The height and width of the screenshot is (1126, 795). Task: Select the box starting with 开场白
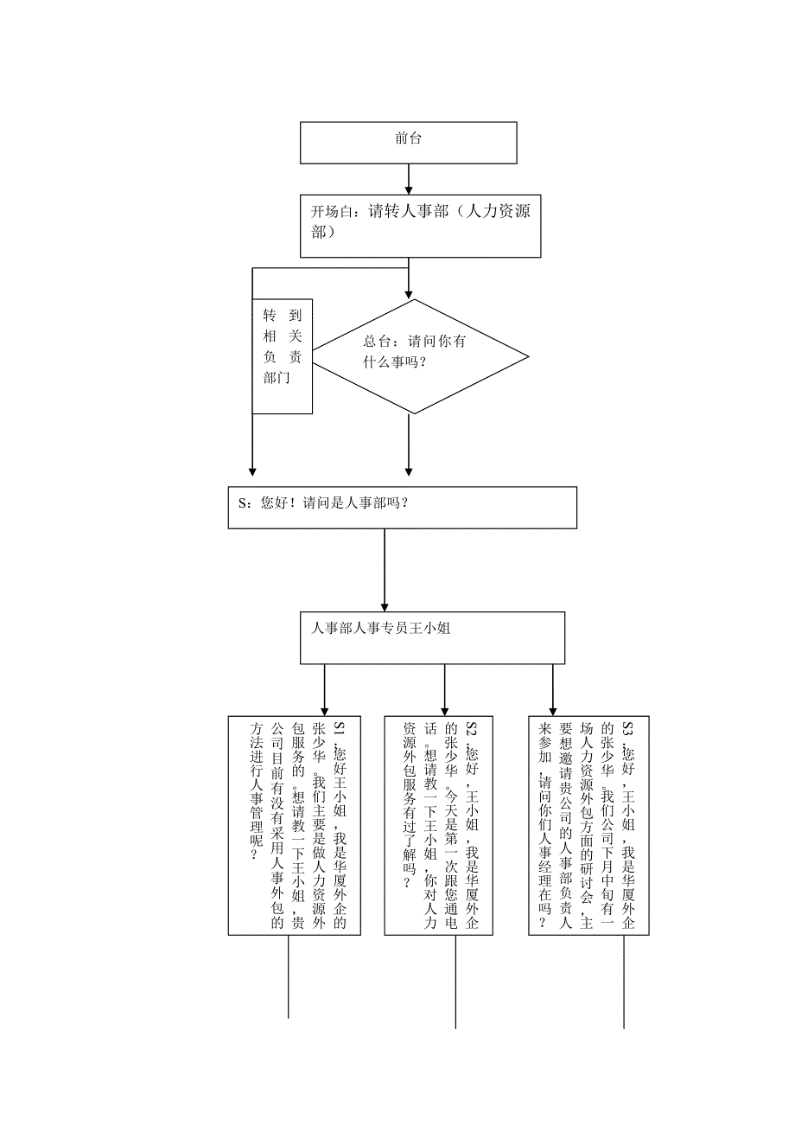420,222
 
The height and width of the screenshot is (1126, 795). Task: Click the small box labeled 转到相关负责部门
283,355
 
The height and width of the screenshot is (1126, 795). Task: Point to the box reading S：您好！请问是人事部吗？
403,507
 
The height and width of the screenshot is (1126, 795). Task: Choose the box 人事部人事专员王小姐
432,637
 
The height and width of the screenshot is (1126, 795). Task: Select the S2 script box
439,825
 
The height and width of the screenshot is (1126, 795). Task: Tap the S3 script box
588,825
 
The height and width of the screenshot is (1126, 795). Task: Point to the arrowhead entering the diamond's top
409,292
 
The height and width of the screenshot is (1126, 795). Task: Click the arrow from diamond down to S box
409,445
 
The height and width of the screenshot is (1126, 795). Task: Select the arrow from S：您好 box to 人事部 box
385,571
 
